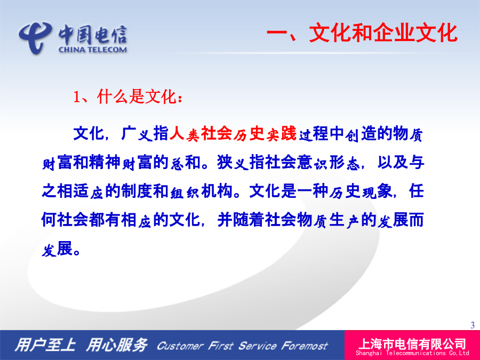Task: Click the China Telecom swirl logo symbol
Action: pos(34,37)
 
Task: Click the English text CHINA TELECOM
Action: pos(93,50)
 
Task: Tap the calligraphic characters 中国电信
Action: pos(93,35)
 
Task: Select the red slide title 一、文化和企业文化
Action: pos(362,33)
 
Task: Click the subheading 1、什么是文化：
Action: pos(128,97)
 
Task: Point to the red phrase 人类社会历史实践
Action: pos(233,134)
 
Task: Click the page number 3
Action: pos(473,325)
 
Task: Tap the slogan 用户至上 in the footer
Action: pos(45,345)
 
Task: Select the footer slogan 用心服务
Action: pos(117,345)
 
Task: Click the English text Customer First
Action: pos(195,346)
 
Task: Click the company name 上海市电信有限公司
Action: pos(412,344)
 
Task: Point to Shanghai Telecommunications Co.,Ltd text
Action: pos(412,353)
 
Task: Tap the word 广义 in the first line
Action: pos(137,134)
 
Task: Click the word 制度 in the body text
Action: pos(137,191)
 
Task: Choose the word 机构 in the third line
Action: pos(217,191)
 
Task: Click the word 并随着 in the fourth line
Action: pos(241,220)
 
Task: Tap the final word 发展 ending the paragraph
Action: pos(57,249)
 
